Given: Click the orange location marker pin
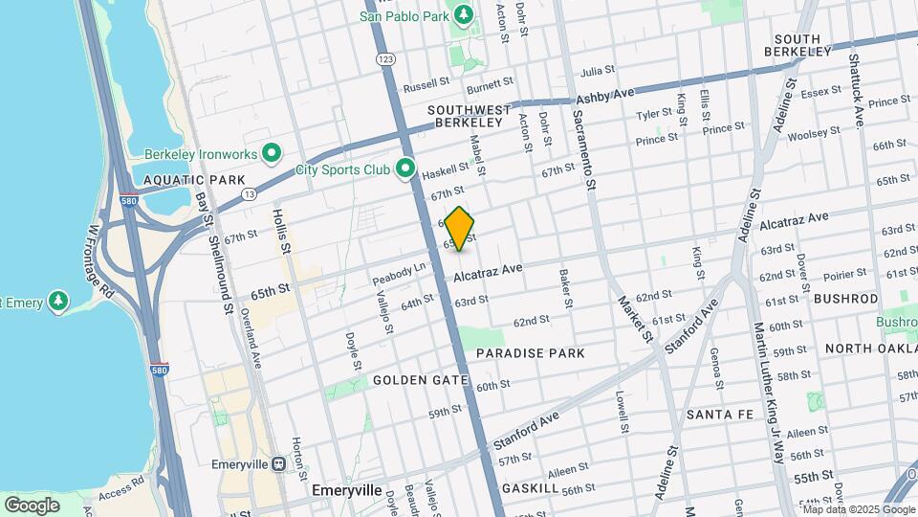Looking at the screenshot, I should [460, 229].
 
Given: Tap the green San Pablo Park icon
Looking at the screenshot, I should [464, 15].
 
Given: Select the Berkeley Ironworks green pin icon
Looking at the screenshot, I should [272, 153].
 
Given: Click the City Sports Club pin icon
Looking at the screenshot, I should [405, 169].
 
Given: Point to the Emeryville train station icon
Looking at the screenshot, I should [278, 463].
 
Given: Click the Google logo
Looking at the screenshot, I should [32, 505].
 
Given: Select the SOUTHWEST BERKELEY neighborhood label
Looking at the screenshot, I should [465, 116].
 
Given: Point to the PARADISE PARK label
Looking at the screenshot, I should [530, 353].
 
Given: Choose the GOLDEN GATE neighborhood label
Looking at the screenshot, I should [420, 380].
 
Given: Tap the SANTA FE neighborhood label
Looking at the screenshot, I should [723, 415].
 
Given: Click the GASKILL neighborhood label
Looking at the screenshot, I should [529, 488].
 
